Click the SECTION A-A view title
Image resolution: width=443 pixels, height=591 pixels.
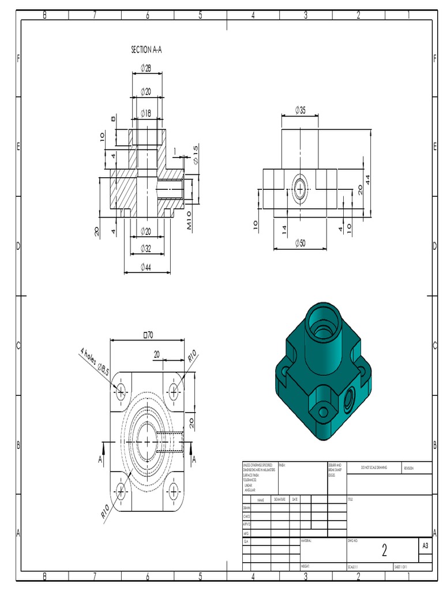point(147,50)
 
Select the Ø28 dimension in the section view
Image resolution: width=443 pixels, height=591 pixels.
point(146,69)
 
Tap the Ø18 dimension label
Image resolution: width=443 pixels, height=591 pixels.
point(146,114)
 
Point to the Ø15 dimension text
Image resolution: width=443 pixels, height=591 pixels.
point(195,153)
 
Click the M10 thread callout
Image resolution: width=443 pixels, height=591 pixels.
point(190,222)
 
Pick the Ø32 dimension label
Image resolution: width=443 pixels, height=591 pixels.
point(146,249)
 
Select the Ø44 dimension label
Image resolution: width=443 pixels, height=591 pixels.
point(146,267)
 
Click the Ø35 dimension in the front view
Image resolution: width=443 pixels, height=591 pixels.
point(300,110)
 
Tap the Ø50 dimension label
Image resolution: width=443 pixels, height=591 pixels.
point(300,243)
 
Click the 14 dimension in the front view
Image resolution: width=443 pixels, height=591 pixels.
point(284,229)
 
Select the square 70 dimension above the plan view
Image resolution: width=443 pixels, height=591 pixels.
point(148,335)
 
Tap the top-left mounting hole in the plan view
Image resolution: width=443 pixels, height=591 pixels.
point(121,392)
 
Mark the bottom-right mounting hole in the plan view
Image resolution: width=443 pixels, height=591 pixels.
point(174,491)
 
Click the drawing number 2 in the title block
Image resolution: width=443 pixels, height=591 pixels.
point(384,551)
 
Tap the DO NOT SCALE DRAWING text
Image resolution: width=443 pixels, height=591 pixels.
point(374,467)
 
